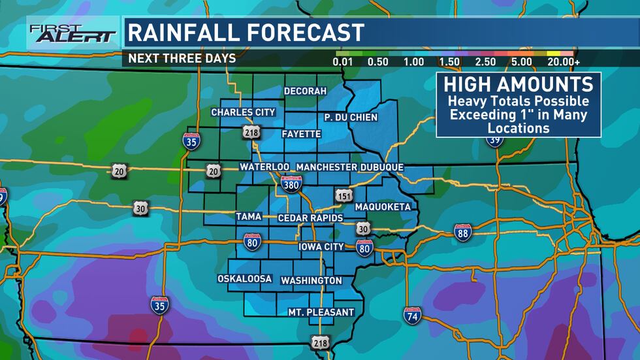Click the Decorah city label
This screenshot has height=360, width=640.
point(305,91)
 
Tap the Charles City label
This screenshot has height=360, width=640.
point(243,112)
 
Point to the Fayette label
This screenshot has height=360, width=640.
point(301,134)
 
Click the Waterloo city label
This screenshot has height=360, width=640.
point(264,167)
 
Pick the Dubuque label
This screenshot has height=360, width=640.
point(382,167)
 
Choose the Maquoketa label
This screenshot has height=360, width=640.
point(383,207)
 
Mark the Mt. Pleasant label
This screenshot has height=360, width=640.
point(321,312)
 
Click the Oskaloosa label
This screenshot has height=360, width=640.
point(244,279)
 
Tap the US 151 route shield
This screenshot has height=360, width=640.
point(344,195)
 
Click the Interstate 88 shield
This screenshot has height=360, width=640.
point(463,232)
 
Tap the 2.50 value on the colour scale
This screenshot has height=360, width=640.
point(485,62)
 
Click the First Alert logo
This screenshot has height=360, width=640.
point(72,33)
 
